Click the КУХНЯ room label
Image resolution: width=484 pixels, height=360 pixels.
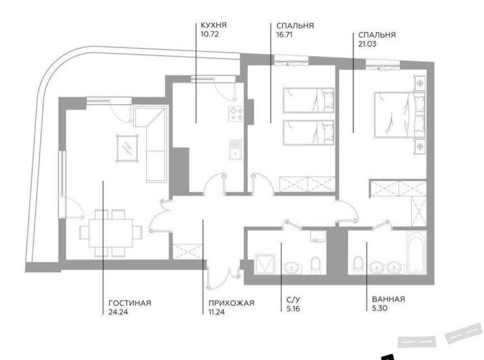[213, 25]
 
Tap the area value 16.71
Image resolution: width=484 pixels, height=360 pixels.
[284, 34]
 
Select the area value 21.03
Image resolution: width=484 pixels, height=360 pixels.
[367, 44]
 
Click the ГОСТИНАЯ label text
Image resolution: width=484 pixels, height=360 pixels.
[130, 303]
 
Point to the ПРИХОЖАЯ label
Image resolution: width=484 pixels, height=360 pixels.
[231, 303]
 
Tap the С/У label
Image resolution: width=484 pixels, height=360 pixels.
[293, 299]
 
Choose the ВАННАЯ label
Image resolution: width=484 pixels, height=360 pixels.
[388, 299]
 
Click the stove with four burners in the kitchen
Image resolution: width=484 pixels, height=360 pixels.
[236, 113]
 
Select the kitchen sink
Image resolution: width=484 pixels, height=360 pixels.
[236, 149]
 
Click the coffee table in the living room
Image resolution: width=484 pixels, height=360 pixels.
[127, 148]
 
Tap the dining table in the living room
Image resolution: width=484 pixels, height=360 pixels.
[110, 233]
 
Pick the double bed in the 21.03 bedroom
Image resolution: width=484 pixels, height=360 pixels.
[400, 114]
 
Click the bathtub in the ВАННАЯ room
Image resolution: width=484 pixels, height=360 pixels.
[417, 252]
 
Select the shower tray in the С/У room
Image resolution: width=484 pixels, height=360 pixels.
[265, 264]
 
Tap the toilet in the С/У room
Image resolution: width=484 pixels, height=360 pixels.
[316, 265]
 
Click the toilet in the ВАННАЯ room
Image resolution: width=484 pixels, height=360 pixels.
[358, 265]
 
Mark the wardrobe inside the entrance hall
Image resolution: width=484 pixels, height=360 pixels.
[187, 251]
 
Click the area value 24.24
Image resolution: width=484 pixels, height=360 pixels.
[118, 312]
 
